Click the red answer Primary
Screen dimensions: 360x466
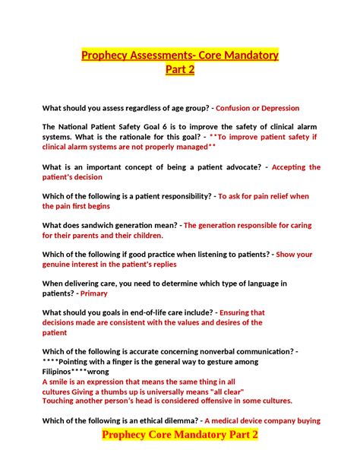(94, 293)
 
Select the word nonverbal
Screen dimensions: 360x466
(207, 351)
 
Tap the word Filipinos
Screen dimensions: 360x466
(62, 371)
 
